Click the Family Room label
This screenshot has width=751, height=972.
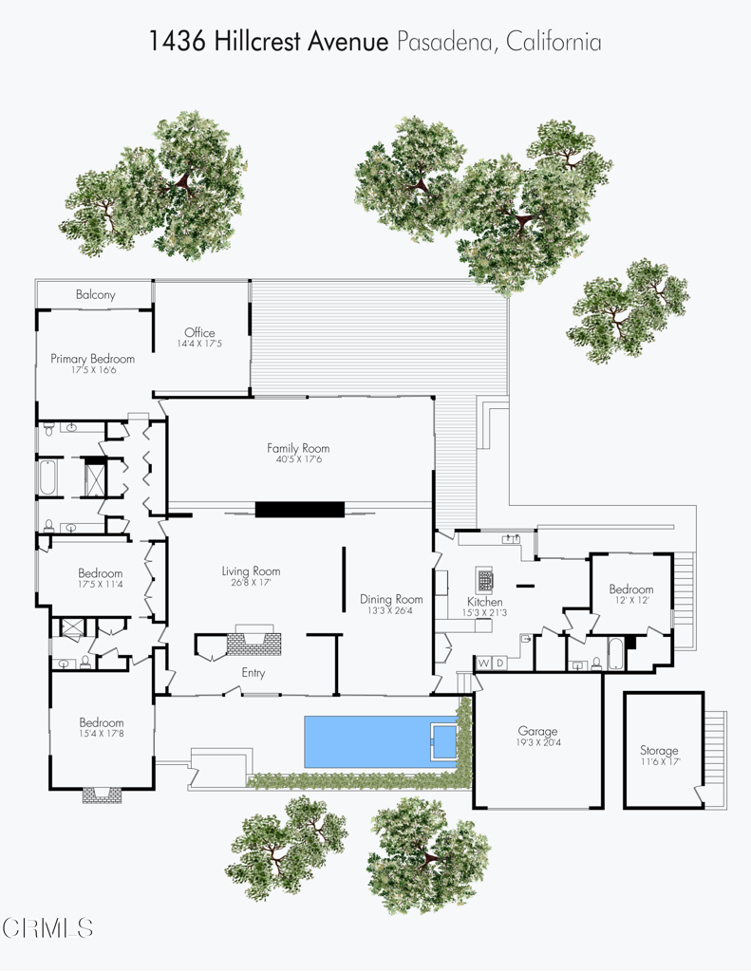tap(297, 448)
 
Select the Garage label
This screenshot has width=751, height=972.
tap(537, 731)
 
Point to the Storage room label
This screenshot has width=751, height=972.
tap(659, 751)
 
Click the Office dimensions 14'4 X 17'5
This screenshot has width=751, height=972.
tap(199, 344)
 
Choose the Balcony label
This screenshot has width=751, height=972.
tap(95, 295)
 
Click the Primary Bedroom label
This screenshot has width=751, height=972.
tap(92, 359)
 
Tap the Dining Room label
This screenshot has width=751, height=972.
tap(391, 599)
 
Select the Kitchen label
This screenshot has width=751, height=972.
tap(484, 602)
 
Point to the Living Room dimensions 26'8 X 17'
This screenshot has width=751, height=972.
tap(251, 582)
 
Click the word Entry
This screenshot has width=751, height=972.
tap(253, 673)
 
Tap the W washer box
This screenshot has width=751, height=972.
tap(483, 663)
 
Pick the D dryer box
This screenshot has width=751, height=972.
tap(499, 663)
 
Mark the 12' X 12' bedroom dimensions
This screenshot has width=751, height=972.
tap(630, 601)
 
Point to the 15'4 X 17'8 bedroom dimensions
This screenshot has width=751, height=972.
tap(101, 734)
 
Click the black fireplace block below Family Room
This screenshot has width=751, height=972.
tap(299, 509)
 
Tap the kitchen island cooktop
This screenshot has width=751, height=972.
tap(485, 578)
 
